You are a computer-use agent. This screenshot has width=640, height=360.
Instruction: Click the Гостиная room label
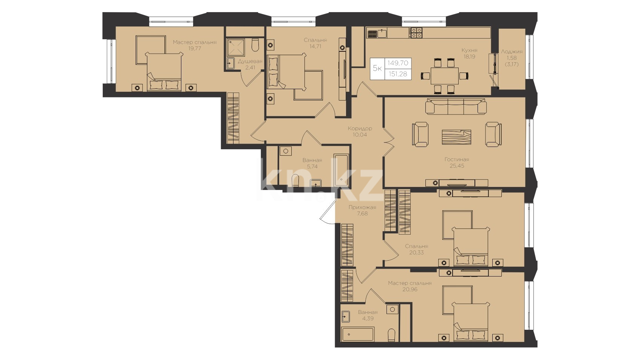click(456, 159)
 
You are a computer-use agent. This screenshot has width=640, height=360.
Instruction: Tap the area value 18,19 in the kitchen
click(469, 57)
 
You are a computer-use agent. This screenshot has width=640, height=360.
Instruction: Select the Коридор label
click(360, 128)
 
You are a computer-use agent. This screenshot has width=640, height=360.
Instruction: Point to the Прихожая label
click(362, 207)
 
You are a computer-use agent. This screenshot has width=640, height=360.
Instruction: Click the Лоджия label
click(512, 52)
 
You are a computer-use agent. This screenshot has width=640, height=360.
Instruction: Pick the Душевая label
click(250, 62)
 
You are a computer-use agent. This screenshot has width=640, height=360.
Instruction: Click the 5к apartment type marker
click(377, 68)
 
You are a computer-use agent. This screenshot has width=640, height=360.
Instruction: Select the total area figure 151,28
click(398, 74)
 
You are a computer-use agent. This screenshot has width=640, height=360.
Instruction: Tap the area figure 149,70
click(398, 63)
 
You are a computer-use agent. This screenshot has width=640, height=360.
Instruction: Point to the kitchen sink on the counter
click(382, 33)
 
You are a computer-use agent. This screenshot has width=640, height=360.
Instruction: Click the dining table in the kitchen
click(444, 76)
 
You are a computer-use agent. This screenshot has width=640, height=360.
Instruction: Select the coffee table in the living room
click(456, 137)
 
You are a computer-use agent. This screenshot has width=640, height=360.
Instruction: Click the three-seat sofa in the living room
click(456, 107)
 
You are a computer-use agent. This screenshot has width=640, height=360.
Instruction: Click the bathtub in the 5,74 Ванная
click(341, 170)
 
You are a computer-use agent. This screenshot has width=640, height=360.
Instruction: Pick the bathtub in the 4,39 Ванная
click(358, 334)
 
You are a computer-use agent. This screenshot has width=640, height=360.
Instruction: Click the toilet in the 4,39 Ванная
click(392, 335)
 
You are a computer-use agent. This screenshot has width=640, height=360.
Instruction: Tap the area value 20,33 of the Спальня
click(416, 253)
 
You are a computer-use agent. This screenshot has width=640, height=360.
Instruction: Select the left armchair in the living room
click(420, 134)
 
